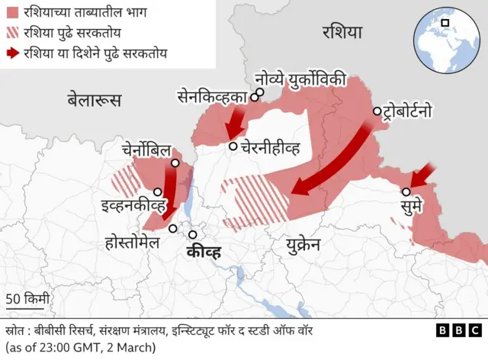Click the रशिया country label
[342, 32]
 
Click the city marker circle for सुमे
[406, 192]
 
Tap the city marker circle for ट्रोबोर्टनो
[377, 111]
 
